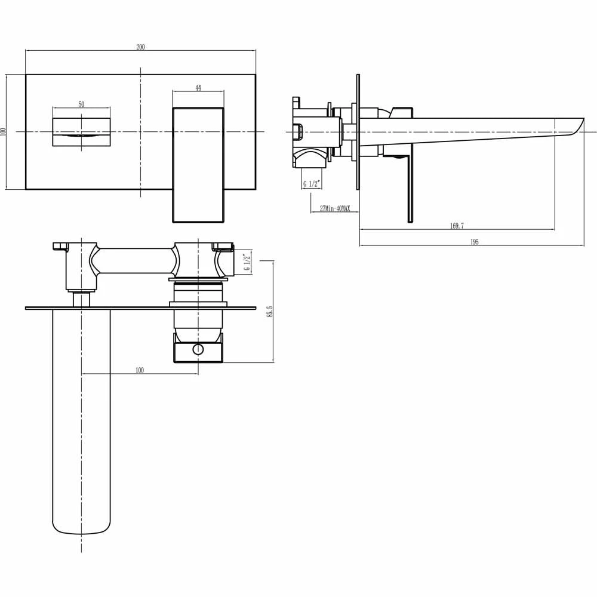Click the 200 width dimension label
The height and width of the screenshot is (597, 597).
(x=140, y=47)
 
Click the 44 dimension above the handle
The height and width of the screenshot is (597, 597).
(x=198, y=88)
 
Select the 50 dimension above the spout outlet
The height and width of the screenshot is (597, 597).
(x=81, y=104)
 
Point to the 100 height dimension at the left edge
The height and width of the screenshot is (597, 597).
(x=4, y=131)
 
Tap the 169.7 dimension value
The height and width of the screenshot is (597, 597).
(x=457, y=226)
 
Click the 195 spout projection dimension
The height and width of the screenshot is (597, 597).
(x=475, y=242)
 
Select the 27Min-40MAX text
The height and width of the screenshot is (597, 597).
(x=335, y=208)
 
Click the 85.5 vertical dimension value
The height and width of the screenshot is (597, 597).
(x=270, y=312)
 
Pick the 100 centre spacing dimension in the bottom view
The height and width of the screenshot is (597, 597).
(x=140, y=370)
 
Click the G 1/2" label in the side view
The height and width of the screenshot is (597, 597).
(x=311, y=184)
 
